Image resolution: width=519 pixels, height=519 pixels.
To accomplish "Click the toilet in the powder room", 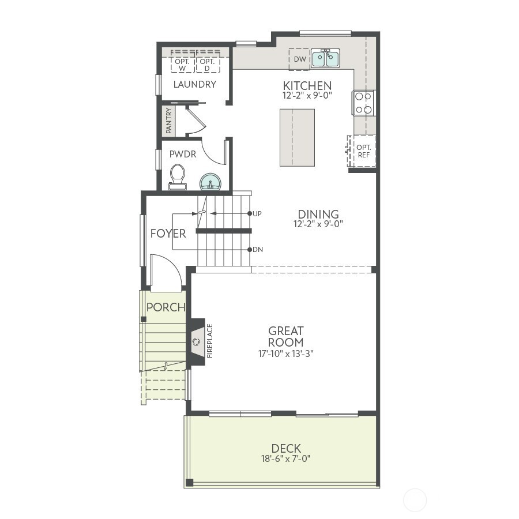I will [x=178, y=176].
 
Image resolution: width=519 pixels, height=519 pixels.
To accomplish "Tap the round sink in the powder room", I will [x=210, y=182].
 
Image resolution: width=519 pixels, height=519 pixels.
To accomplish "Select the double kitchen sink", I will [x=325, y=58].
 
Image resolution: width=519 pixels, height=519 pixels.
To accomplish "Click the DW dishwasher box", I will [x=299, y=59].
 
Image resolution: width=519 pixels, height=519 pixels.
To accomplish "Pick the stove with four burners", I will [x=363, y=103].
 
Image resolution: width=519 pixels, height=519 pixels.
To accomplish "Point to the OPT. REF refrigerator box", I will [x=363, y=151].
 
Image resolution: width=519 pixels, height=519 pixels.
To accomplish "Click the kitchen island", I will [x=297, y=137].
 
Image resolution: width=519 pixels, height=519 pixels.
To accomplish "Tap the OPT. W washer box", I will [x=182, y=65].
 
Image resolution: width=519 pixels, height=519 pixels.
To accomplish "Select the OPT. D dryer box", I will [x=207, y=65].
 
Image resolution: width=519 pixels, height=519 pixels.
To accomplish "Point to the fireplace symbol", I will [x=197, y=341].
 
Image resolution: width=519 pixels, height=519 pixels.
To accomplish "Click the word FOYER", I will [x=168, y=234].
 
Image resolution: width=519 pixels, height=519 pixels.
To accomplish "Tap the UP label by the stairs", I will [x=257, y=214].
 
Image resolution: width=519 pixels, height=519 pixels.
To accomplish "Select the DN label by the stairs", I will [x=257, y=250].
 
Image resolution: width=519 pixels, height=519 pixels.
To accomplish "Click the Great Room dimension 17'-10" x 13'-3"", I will [x=285, y=353].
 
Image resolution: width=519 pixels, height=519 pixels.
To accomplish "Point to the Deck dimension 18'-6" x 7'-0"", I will [x=286, y=459].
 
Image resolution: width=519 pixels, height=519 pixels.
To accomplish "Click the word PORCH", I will [x=166, y=307].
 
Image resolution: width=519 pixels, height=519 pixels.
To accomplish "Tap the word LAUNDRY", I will [x=194, y=84].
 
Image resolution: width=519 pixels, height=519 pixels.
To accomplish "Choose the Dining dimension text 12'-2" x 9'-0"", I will [x=318, y=224].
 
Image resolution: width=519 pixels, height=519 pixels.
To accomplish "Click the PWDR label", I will [x=183, y=154].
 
